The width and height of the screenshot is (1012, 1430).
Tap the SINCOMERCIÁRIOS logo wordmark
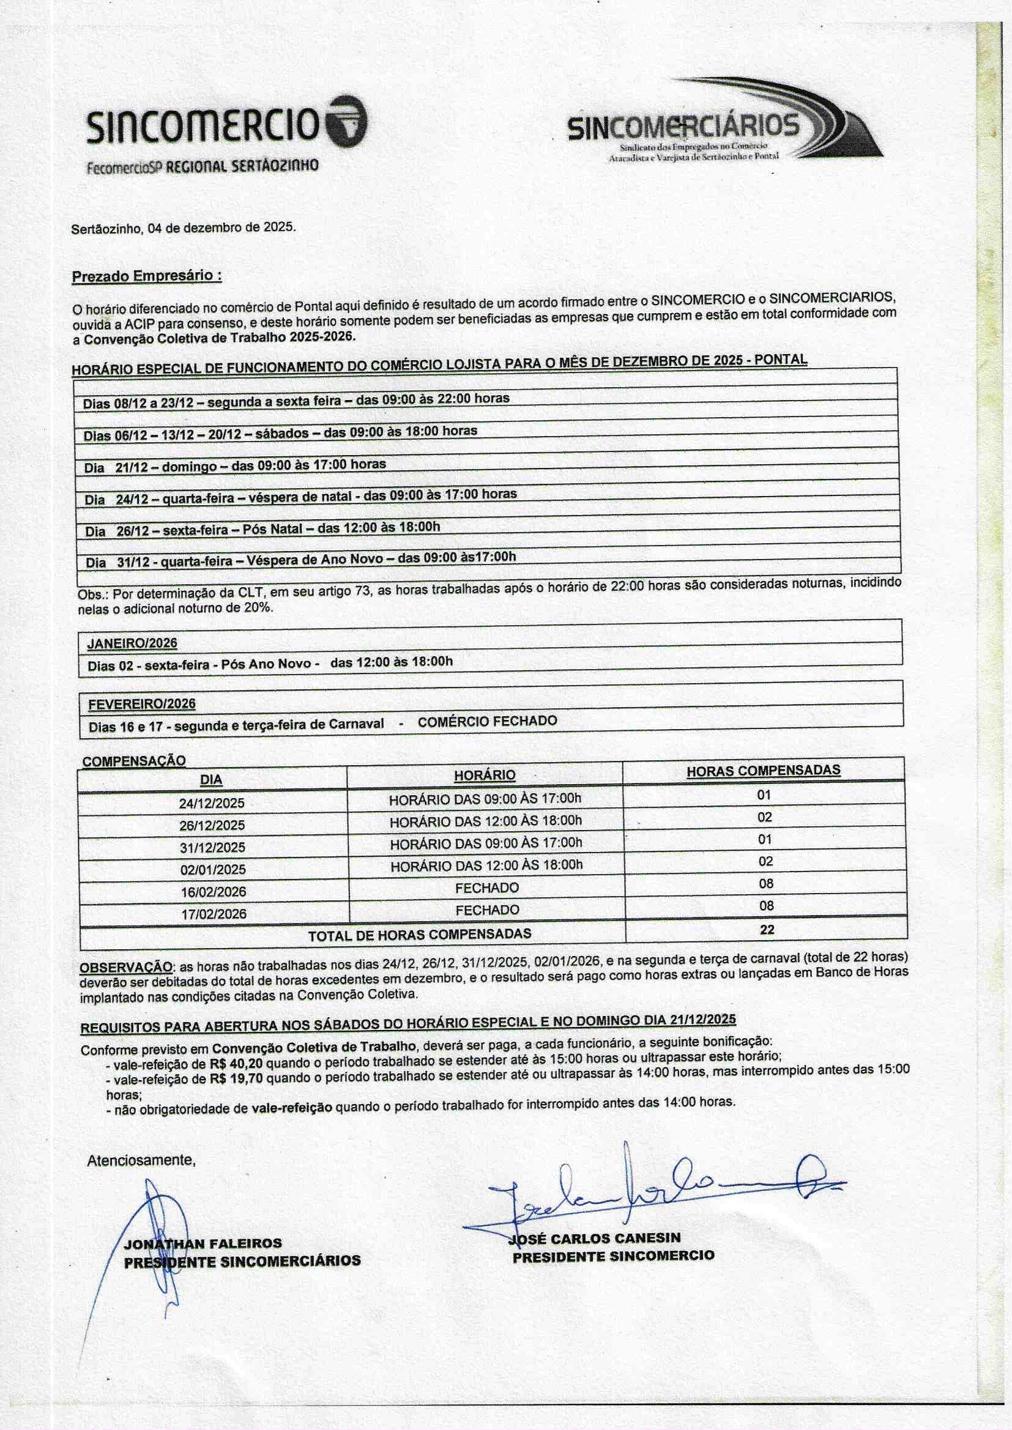point(683,127)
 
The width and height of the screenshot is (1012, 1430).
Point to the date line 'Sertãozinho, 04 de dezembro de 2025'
point(184,228)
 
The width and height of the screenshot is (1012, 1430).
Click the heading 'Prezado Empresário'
point(147,276)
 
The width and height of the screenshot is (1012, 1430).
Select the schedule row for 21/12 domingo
point(235,465)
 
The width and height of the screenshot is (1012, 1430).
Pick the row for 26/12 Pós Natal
point(262,529)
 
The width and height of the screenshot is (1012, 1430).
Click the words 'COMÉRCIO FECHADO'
point(487,721)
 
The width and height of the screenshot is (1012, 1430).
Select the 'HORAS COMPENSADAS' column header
point(764,771)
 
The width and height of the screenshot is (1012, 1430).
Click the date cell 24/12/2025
point(212,803)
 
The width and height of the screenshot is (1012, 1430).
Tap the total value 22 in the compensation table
point(767,930)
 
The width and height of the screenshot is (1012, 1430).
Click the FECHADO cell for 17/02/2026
point(487,910)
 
